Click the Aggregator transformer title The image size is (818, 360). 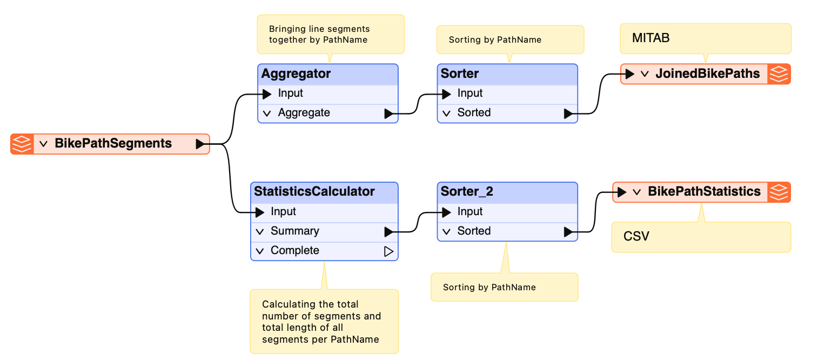click(x=296, y=74)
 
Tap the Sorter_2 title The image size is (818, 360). click(x=467, y=191)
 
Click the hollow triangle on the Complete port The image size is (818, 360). click(x=388, y=251)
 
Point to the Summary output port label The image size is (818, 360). click(x=294, y=231)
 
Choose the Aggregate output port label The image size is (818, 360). click(x=304, y=112)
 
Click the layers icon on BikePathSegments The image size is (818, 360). click(x=22, y=144)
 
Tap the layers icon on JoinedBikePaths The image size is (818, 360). click(x=779, y=74)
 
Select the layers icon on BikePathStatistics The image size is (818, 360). click(x=779, y=192)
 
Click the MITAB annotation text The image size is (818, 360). click(x=651, y=38)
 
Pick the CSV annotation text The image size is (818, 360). click(x=636, y=236)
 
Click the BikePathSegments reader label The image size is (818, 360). click(x=113, y=144)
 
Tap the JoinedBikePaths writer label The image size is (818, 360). click(x=707, y=74)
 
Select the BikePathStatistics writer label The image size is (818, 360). click(x=704, y=191)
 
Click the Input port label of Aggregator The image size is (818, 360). click(x=290, y=93)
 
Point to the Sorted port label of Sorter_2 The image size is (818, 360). click(x=474, y=231)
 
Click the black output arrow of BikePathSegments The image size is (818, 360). click(x=200, y=144)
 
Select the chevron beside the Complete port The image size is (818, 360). click(x=260, y=251)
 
